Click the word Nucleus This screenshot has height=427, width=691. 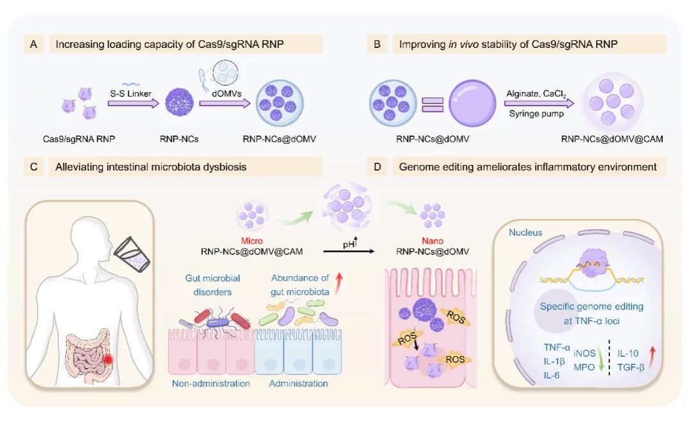pyautogui.click(x=526, y=233)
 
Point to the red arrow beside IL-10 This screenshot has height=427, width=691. pyautogui.click(x=651, y=356)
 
